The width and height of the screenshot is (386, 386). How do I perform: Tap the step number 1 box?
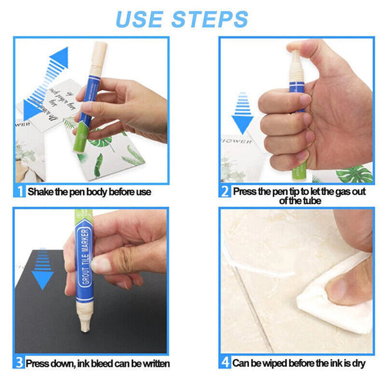pos(20,191)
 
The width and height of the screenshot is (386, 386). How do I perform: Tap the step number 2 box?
pos(225,191)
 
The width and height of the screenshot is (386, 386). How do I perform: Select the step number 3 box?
pos(20,363)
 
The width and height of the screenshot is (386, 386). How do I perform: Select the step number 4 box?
pos(225,363)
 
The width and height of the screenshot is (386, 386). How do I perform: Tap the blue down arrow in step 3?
pos(42,271)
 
